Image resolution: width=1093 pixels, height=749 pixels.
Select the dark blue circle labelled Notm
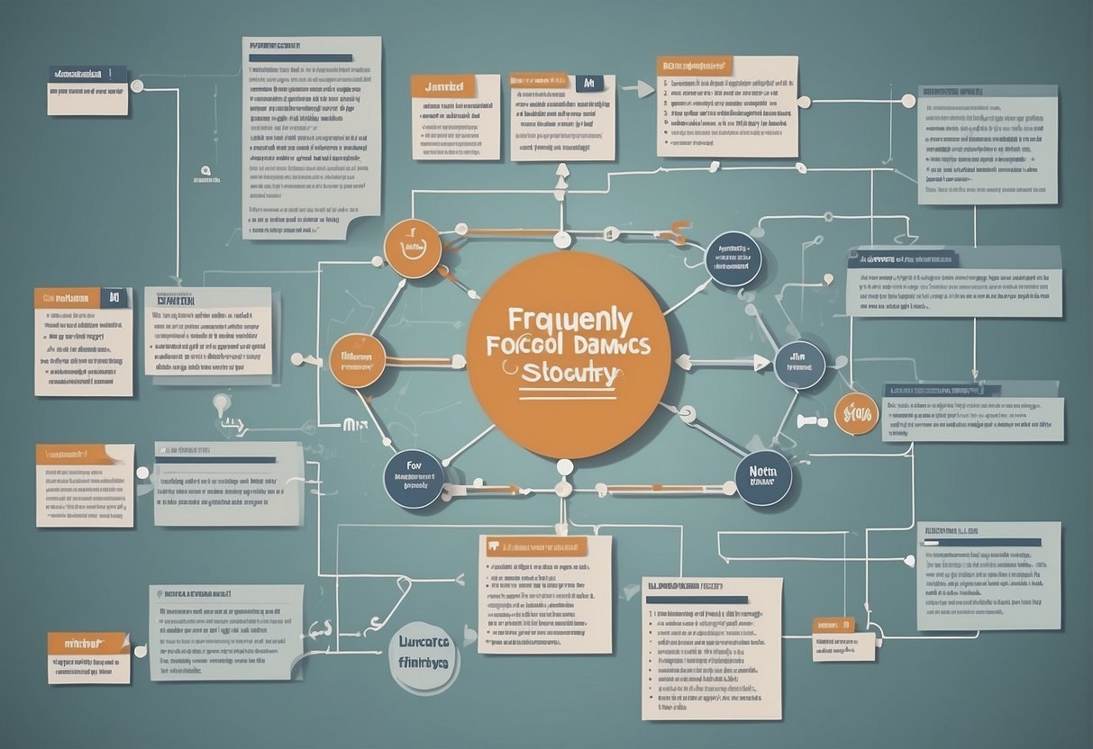763,477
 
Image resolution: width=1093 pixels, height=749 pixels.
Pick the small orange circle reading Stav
855,414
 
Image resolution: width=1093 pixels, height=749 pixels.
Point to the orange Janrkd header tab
442,86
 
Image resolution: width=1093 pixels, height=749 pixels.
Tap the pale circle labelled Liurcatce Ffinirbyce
424,654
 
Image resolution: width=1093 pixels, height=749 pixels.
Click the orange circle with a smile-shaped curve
413,248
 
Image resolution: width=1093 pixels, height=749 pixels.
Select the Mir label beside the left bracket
353,422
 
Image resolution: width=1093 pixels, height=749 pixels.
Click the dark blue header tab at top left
87,74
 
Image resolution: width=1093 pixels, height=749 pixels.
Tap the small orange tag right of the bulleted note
833,624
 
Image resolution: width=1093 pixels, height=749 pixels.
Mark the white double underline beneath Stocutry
569,393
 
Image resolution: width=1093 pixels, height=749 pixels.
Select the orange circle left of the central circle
358,360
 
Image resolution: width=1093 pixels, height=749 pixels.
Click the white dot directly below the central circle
565,467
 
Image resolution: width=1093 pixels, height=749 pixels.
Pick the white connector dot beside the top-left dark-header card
137,86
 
